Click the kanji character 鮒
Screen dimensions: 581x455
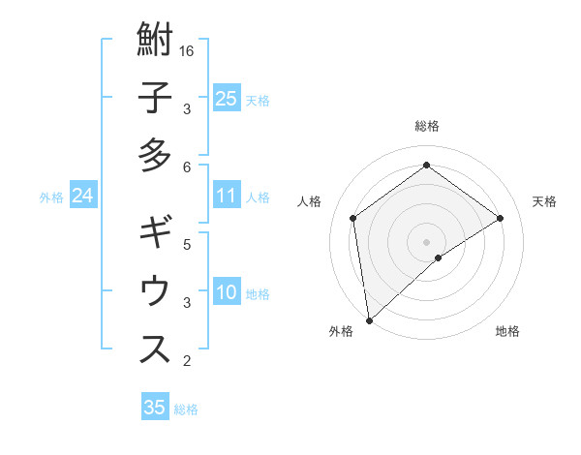(x=156, y=42)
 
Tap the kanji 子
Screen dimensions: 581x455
(x=156, y=99)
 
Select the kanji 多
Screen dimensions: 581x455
(x=156, y=155)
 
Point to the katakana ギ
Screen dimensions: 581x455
(x=156, y=234)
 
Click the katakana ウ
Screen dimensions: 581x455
(x=156, y=291)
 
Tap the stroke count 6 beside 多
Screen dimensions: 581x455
(x=188, y=167)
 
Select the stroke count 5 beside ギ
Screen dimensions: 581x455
(x=188, y=245)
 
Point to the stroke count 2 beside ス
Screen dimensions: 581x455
(x=188, y=361)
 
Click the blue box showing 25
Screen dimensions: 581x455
(x=226, y=99)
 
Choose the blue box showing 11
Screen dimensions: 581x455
(x=226, y=197)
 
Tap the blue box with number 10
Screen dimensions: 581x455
(x=226, y=293)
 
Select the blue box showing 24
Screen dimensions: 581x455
(x=82, y=197)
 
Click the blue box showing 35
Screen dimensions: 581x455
(x=154, y=408)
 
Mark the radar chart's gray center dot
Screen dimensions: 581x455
(x=426, y=240)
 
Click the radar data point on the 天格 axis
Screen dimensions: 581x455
(x=500, y=218)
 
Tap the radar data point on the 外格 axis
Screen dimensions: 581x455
(x=369, y=319)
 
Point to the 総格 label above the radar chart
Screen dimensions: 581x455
(x=426, y=127)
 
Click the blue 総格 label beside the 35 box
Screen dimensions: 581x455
(x=186, y=409)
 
